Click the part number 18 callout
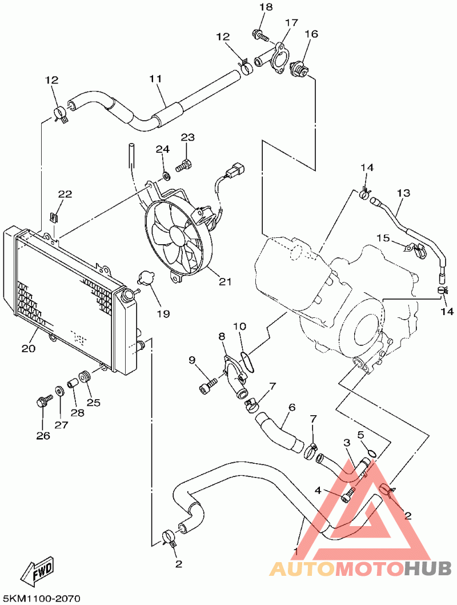[266, 7]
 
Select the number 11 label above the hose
[156, 78]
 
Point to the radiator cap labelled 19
[146, 278]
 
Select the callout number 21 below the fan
[225, 281]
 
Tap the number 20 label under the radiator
[29, 348]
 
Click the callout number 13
[403, 193]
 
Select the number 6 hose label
[292, 408]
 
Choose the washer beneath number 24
[165, 174]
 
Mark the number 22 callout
[65, 195]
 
